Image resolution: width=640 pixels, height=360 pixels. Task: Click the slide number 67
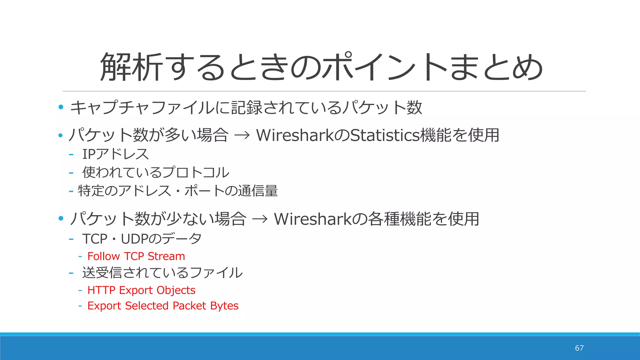click(x=579, y=348)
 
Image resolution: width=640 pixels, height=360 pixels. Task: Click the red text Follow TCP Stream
click(x=136, y=256)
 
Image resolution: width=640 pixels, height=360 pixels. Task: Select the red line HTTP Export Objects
click(x=141, y=290)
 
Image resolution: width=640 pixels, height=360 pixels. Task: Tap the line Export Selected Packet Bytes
click(x=163, y=306)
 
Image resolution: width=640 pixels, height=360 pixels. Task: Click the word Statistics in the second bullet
click(x=385, y=135)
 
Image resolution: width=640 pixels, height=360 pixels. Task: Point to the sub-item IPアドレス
click(x=116, y=154)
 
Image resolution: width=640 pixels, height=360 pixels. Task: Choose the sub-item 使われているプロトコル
click(x=156, y=172)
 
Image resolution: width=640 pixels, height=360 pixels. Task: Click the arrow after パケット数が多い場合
click(x=242, y=135)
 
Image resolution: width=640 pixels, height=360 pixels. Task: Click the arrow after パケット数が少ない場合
click(x=260, y=219)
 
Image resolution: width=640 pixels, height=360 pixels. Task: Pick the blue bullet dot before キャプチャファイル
click(x=61, y=107)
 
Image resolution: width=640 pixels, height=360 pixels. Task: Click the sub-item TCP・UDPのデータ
click(x=142, y=239)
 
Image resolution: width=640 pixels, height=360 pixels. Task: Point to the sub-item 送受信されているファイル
click(x=162, y=272)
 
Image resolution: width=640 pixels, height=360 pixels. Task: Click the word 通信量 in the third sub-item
click(x=258, y=191)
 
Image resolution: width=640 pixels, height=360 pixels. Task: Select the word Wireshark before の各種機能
click(x=313, y=219)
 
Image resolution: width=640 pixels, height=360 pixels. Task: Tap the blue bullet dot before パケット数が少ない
click(x=61, y=218)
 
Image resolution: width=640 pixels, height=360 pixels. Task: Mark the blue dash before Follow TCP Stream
click(x=80, y=256)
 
